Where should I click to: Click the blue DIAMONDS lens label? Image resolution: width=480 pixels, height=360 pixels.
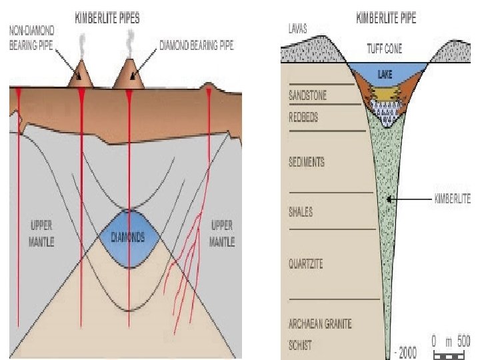point(129,237)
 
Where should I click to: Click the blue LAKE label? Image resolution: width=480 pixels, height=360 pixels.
point(385,74)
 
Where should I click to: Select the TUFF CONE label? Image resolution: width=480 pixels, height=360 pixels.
point(385,49)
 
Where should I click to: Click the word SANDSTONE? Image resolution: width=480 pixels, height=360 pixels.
point(307,96)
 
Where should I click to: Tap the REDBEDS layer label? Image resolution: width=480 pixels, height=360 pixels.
point(304,115)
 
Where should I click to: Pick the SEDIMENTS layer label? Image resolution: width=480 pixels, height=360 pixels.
point(307,162)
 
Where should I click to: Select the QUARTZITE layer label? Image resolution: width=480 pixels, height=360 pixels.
point(306,264)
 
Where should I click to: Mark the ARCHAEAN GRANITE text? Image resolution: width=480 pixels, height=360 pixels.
point(321,323)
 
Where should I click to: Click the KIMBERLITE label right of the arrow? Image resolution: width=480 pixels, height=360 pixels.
point(453,199)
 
